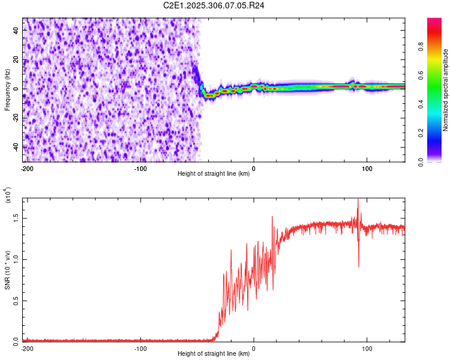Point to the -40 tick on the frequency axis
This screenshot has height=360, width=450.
click(16, 147)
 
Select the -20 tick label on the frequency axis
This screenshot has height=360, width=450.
click(16, 118)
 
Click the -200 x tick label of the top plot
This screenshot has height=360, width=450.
click(27, 168)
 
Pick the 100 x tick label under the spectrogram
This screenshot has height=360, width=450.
click(366, 168)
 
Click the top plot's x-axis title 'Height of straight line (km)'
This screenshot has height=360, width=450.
click(214, 174)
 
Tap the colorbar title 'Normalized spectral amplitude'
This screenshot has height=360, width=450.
click(445, 89)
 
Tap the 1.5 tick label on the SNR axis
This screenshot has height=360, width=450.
click(14, 218)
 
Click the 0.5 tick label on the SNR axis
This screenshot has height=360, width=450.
click(14, 301)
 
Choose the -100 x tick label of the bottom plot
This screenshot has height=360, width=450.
click(140, 348)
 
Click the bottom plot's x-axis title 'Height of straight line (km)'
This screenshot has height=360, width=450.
click(214, 354)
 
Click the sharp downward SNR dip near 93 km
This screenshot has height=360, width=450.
click(359, 266)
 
